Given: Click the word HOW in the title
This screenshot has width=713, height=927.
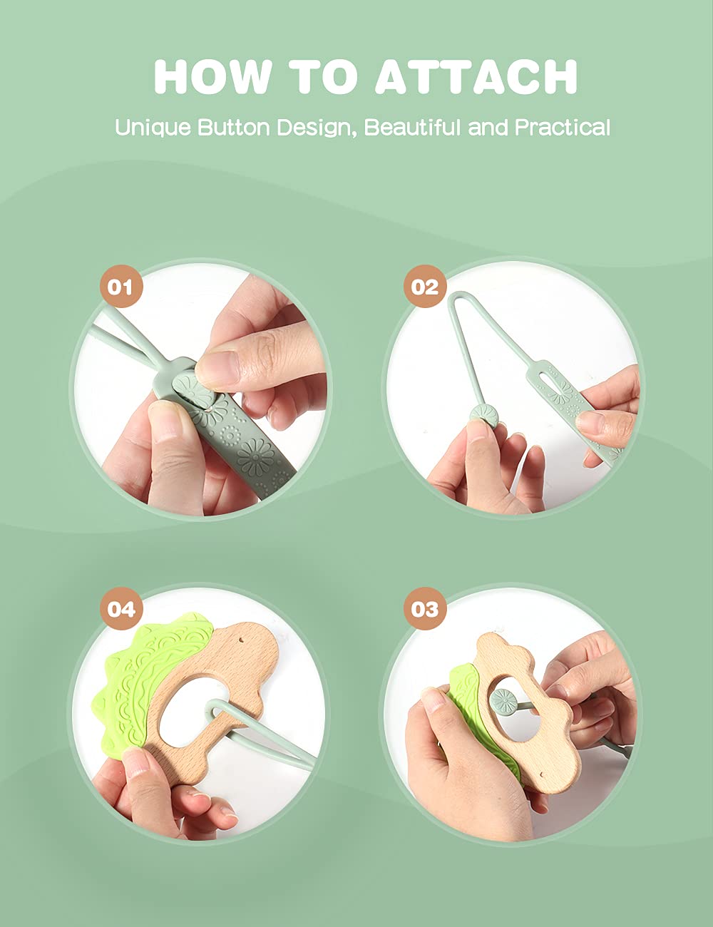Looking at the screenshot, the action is tap(212, 76).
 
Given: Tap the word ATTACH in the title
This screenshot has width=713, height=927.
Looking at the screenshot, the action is tap(476, 76).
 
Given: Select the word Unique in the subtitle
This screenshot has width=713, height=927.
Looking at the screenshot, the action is tap(153, 128).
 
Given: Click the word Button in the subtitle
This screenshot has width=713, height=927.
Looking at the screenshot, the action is tap(234, 127).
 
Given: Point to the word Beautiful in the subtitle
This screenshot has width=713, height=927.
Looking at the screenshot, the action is tap(413, 127).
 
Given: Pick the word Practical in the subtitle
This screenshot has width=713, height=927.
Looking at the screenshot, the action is tap(563, 127).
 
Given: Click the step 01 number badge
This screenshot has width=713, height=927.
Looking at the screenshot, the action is tap(121, 286).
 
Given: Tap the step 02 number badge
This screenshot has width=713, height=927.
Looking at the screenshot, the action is tap(425, 286).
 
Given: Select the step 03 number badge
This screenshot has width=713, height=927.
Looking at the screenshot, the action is tap(425, 608).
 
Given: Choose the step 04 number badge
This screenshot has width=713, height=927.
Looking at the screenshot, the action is tap(121, 608).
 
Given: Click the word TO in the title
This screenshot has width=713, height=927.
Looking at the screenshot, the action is tap(323, 76).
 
